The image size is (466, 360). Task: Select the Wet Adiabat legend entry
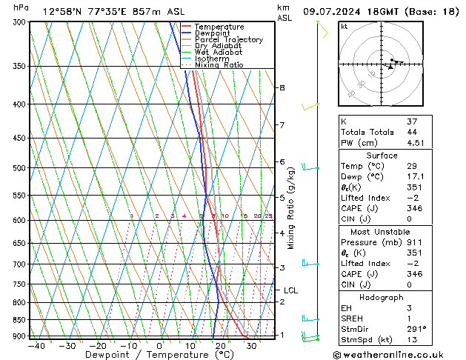coord(218,52)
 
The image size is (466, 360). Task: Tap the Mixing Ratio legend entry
coord(219,64)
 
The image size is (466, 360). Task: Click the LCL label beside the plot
coord(290,290)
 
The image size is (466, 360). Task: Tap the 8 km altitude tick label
coord(282,87)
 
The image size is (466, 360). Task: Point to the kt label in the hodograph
coord(344,26)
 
